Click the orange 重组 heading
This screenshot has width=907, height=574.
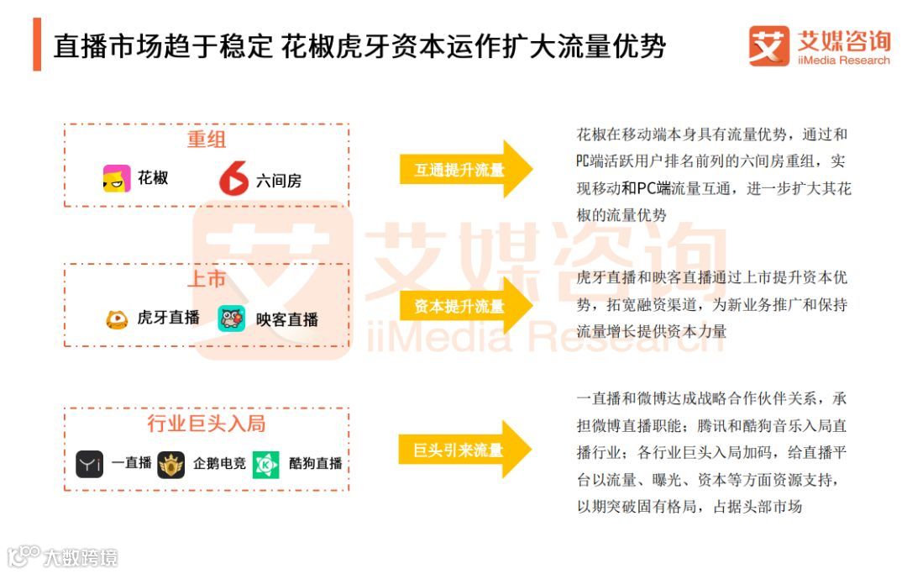pyautogui.click(x=207, y=140)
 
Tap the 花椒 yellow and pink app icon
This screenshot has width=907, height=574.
pyautogui.click(x=117, y=179)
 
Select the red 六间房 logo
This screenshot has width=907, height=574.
pyautogui.click(x=233, y=179)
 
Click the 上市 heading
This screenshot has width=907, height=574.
pyautogui.click(x=207, y=279)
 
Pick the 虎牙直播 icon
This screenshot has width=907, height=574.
pyautogui.click(x=117, y=319)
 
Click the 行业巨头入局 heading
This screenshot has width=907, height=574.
pyautogui.click(x=207, y=424)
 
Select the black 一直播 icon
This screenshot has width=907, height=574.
pyautogui.click(x=90, y=464)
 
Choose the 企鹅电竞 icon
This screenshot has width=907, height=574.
pyautogui.click(x=171, y=464)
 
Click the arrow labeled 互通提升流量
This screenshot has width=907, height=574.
pyautogui.click(x=465, y=170)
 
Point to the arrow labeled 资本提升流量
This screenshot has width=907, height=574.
pyautogui.click(x=465, y=306)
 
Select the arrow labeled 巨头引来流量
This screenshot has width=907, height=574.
pyautogui.click(x=465, y=450)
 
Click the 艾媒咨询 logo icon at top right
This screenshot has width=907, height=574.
pyautogui.click(x=768, y=45)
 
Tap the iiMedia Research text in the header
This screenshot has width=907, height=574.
pyautogui.click(x=843, y=61)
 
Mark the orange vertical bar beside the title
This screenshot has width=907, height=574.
pyautogui.click(x=37, y=45)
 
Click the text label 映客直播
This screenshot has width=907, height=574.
pyautogui.click(x=287, y=320)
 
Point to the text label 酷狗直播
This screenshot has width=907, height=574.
pyautogui.click(x=316, y=464)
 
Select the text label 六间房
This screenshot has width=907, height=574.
pyautogui.click(x=278, y=181)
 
